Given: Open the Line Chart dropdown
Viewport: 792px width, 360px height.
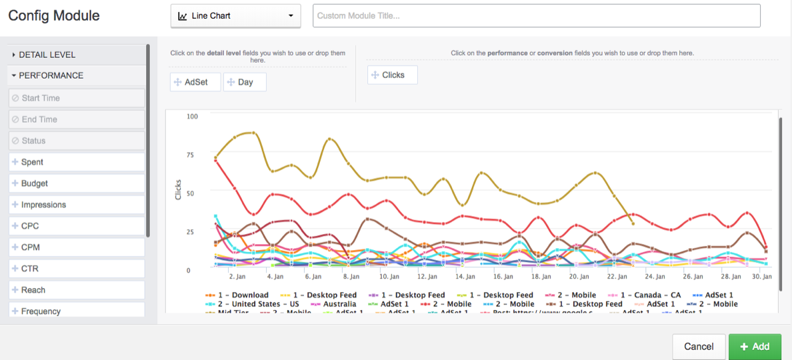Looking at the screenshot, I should pos(235,15).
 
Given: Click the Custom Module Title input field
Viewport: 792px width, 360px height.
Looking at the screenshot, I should pos(536,15).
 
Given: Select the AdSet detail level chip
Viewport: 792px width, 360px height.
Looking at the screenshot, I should pos(195,82).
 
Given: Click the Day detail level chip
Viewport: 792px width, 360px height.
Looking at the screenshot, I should pos(245,82).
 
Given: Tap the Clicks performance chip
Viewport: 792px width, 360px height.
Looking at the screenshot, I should pos(393,75).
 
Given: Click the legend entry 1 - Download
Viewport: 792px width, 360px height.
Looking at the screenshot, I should pos(241,295).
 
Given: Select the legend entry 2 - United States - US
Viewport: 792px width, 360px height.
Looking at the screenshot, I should pos(257,304).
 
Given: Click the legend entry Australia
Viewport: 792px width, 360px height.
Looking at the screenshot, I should pos(339,304).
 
